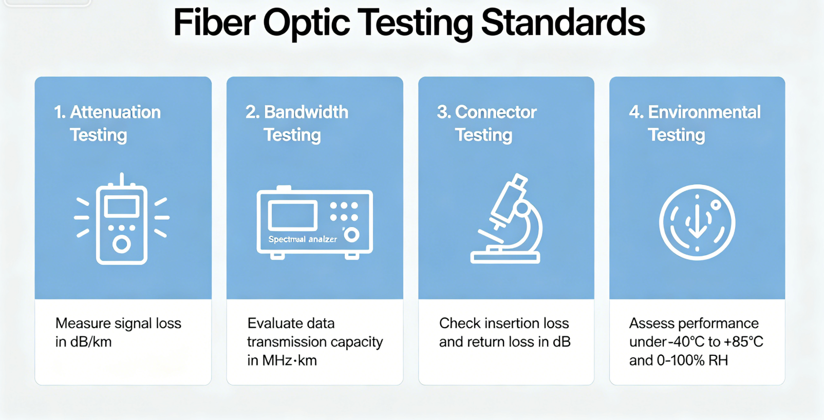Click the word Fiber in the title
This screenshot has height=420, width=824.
click(x=214, y=23)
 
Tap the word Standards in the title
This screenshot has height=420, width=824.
click(x=563, y=23)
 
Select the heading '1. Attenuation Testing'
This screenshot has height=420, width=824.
click(x=107, y=124)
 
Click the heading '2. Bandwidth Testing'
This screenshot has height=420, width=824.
click(x=297, y=124)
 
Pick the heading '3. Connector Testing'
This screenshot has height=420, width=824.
click(x=486, y=124)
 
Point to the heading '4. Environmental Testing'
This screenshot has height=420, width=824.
click(x=695, y=124)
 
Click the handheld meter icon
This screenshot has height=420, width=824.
click(x=122, y=218)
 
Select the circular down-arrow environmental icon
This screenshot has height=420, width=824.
click(x=697, y=222)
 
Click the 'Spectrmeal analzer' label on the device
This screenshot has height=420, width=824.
click(x=303, y=239)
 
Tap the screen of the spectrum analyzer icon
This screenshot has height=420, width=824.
click(x=292, y=216)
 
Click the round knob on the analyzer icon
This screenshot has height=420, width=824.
click(x=352, y=235)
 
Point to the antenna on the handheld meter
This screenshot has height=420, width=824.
click(x=122, y=179)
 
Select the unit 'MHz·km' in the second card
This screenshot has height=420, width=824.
click(x=289, y=360)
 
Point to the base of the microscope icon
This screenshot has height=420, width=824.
click(x=505, y=258)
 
